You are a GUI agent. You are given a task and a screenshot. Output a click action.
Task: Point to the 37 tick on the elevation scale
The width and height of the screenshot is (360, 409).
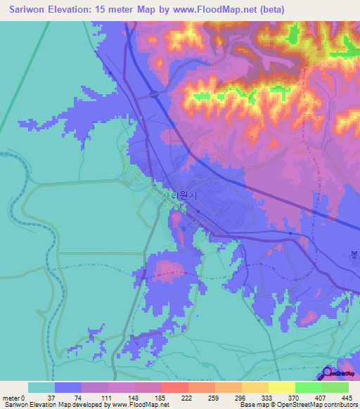point(55,397)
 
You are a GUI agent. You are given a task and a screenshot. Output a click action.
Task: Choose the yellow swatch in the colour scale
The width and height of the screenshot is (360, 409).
point(281,387)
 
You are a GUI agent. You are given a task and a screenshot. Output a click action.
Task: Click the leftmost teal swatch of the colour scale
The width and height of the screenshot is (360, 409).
point(41,387)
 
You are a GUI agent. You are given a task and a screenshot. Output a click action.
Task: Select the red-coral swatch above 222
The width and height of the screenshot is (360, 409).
point(174,387)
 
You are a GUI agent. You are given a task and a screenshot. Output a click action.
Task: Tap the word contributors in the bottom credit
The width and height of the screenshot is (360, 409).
point(341,405)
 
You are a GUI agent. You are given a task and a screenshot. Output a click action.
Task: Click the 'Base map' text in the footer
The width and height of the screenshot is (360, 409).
point(252,405)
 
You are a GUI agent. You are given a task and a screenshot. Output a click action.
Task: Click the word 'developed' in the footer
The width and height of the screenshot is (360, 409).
point(90,405)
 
